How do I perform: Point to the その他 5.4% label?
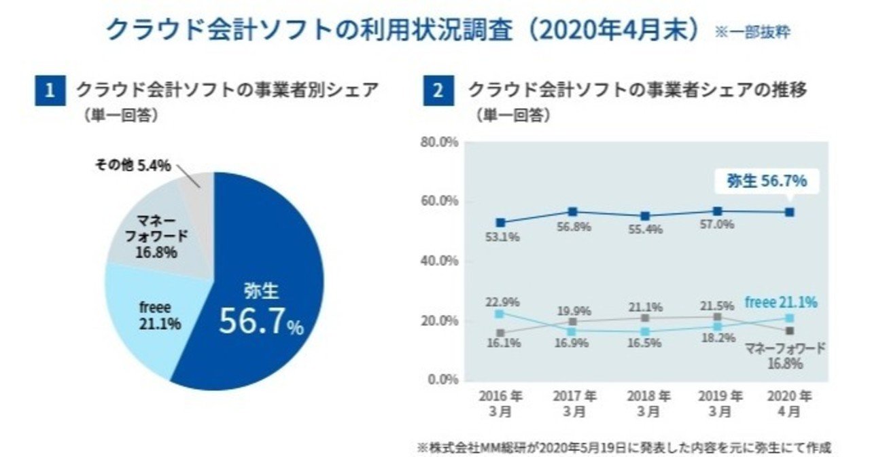point(132,166)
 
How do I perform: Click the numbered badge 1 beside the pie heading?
point(49,90)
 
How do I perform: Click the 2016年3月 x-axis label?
point(500,404)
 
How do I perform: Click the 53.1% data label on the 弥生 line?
point(500,238)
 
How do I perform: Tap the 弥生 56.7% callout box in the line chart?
point(767,181)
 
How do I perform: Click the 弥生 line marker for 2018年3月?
point(645,217)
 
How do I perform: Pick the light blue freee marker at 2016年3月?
point(500,314)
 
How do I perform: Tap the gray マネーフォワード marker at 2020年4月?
point(788,331)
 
